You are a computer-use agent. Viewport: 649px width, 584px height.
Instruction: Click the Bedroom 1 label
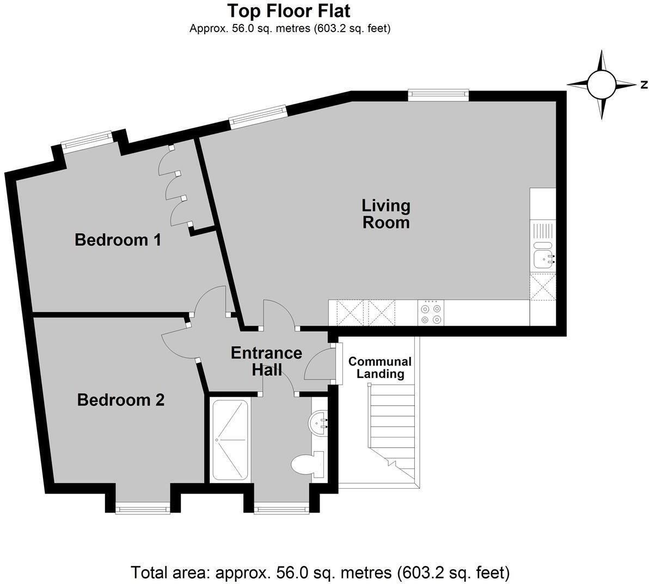coord(118,240)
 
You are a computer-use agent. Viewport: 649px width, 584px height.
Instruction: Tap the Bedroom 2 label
coord(121,400)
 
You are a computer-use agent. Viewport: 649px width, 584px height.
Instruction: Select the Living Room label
coord(386,214)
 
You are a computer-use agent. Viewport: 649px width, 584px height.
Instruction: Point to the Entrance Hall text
coord(267,361)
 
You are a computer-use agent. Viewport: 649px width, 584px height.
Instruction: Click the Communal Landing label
coord(380,368)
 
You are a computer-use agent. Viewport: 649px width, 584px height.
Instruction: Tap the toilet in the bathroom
coord(307,464)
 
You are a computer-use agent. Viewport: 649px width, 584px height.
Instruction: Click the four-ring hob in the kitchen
coord(431,313)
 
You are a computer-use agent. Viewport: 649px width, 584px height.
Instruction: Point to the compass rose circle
coord(602,84)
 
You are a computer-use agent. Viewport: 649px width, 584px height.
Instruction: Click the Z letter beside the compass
coord(644,85)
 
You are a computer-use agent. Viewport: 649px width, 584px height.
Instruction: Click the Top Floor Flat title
coord(289,11)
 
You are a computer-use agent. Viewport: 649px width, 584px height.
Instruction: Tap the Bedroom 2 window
coord(143,508)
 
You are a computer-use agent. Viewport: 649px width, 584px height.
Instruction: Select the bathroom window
coord(281,508)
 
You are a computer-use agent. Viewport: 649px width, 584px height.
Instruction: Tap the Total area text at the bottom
coord(320,573)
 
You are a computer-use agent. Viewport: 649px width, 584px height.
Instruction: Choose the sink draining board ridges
coord(543,230)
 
